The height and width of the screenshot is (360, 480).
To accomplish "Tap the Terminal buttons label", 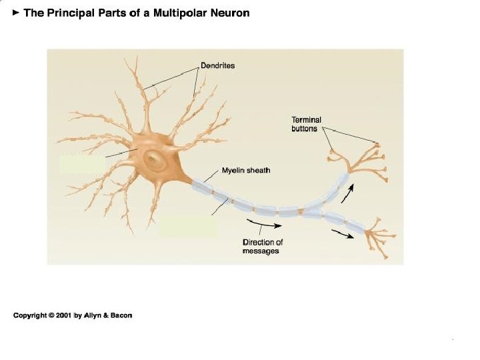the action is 306,124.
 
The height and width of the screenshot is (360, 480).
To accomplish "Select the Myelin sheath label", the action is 245,171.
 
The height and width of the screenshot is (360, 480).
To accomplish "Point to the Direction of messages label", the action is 263,247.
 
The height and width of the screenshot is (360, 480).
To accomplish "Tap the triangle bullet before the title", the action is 17,13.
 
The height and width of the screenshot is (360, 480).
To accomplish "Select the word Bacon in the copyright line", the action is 121,315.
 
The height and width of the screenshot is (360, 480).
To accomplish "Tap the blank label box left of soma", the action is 82,164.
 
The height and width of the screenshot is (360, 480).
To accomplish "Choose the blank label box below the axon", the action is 188,227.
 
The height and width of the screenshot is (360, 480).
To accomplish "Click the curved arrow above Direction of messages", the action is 259,223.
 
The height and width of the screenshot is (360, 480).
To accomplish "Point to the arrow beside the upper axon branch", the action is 347,194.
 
